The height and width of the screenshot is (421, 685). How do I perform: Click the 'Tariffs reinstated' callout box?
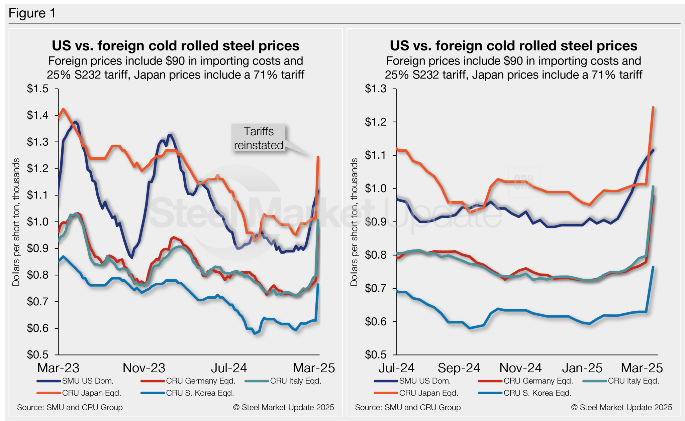click(259, 138)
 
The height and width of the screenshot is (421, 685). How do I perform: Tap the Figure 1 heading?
click(32, 13)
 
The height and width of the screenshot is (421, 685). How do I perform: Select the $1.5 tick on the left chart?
click(37, 89)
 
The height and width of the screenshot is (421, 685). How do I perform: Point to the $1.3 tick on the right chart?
click(375, 89)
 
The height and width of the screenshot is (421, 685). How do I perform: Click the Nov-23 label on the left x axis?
click(144, 368)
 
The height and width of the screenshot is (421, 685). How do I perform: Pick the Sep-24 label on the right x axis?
click(459, 368)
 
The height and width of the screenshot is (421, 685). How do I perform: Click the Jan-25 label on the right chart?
click(582, 368)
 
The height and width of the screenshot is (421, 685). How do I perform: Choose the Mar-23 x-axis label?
click(59, 368)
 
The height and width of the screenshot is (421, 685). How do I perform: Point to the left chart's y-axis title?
click(16, 222)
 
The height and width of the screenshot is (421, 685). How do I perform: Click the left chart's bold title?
click(175, 46)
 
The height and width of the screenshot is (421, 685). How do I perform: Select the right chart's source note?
click(408, 407)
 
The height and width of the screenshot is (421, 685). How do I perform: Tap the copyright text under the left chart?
click(284, 407)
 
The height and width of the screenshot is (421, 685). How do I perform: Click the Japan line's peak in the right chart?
click(653, 108)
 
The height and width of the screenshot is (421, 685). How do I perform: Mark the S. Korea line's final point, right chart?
click(653, 267)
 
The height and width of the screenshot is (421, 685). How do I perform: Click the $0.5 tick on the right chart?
click(375, 355)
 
